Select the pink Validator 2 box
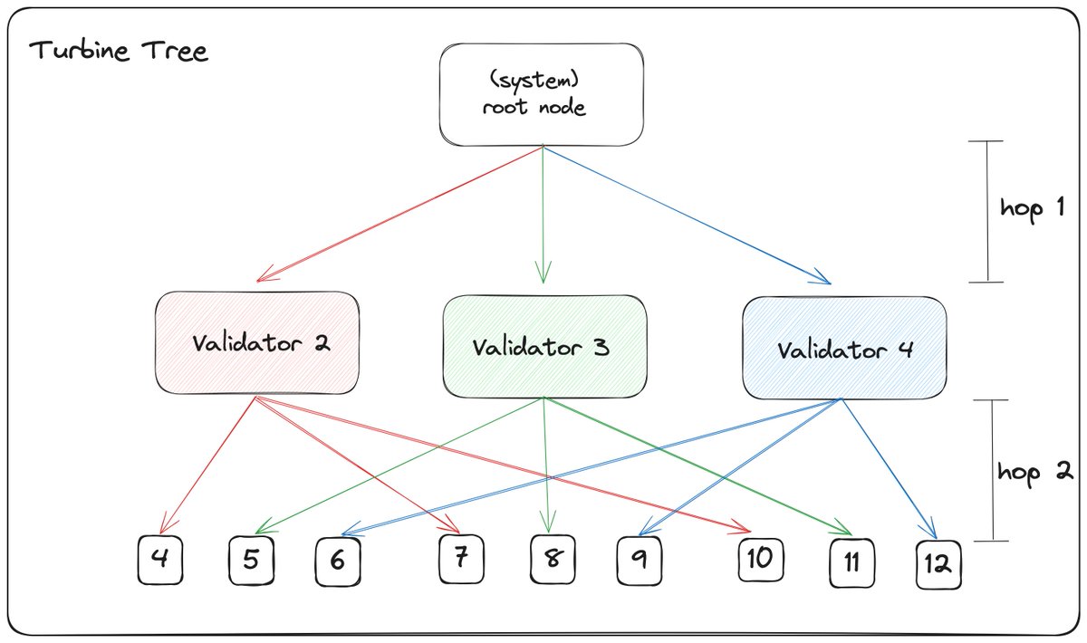258,343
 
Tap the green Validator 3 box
544,347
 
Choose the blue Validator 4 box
843,349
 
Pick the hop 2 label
1035,471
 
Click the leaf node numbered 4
159,560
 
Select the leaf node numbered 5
251,561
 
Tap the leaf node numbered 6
338,562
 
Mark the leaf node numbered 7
460,559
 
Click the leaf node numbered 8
551,561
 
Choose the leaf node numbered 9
640,561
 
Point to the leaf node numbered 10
759,559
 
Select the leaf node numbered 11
851,562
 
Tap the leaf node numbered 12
938,564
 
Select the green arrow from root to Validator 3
543,213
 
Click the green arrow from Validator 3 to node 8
545,462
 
